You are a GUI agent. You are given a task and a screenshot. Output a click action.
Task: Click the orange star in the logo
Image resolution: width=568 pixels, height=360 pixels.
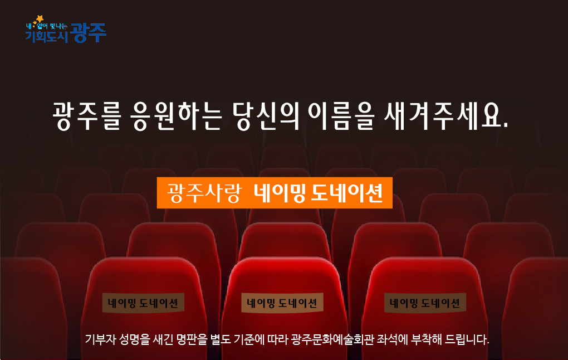coord(40,18)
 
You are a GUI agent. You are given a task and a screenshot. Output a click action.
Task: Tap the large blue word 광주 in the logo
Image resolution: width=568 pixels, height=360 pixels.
coord(89,33)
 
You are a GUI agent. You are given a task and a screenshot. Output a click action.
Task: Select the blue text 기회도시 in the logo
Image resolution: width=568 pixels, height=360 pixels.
coord(46,37)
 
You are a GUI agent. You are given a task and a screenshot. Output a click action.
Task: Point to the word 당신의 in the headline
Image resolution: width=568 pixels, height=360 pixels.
coord(266,116)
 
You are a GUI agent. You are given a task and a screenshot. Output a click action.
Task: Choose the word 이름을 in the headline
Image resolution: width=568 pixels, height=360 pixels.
coord(341,116)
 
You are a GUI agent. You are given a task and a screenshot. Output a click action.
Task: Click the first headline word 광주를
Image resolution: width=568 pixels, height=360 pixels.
coord(86,116)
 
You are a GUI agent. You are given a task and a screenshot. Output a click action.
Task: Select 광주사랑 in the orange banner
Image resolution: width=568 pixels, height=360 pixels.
coord(204,193)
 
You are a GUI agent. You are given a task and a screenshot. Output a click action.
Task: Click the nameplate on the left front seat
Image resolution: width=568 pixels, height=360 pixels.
coord(143,303)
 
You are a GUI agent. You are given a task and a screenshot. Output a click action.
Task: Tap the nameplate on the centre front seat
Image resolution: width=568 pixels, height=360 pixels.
coord(282,303)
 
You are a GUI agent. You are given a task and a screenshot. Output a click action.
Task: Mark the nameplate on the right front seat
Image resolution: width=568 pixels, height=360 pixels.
coord(425,303)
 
